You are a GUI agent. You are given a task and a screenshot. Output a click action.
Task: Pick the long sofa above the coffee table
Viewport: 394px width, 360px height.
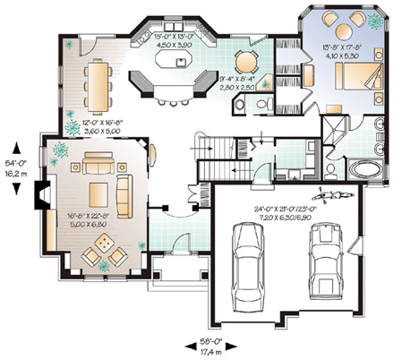click(95, 164)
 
